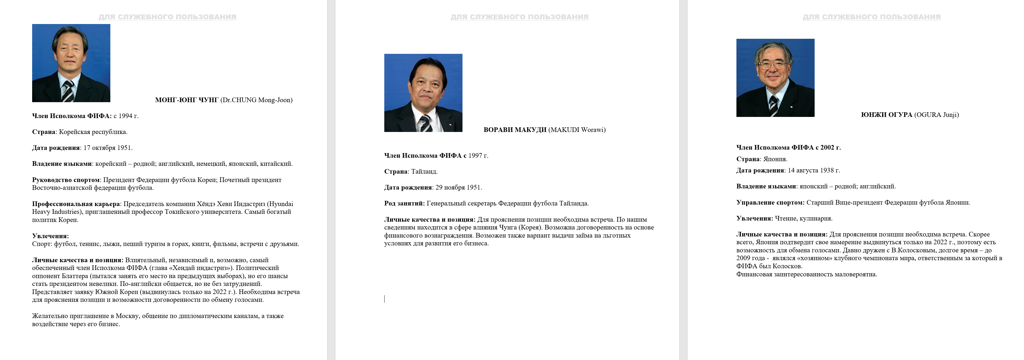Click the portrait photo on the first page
[71, 63]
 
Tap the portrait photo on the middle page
[423, 93]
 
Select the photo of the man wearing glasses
[775, 78]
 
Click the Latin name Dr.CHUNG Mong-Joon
[256, 100]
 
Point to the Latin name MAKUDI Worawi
[577, 130]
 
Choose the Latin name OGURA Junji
[936, 115]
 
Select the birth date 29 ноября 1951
[458, 188]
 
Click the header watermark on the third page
[871, 17]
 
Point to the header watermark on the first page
[167, 17]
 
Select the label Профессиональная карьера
[76, 204]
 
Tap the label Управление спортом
[770, 203]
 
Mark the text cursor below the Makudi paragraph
[384, 299]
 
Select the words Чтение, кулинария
[803, 218]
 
